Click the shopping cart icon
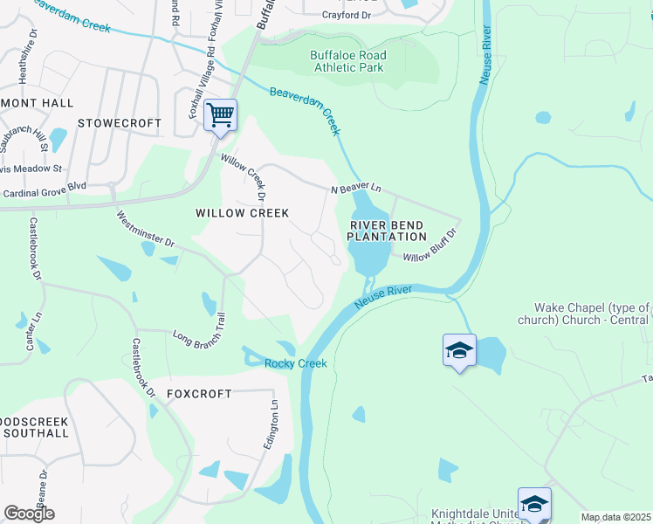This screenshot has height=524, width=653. [220, 114]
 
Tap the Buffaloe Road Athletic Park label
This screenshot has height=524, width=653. [348, 61]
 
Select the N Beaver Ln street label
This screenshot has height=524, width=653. [356, 189]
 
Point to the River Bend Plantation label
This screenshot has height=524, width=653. [388, 231]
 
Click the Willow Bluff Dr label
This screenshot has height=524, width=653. [430, 245]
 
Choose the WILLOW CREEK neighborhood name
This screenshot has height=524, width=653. [242, 212]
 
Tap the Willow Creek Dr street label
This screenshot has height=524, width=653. [244, 175]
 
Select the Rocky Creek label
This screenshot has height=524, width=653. [296, 363]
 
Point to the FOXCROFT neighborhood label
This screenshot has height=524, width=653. [195, 394]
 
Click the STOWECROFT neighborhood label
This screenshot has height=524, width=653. [120, 123]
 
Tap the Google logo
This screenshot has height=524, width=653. [29, 514]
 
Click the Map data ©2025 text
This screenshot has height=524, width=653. [615, 517]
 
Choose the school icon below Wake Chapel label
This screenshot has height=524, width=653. [459, 351]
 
